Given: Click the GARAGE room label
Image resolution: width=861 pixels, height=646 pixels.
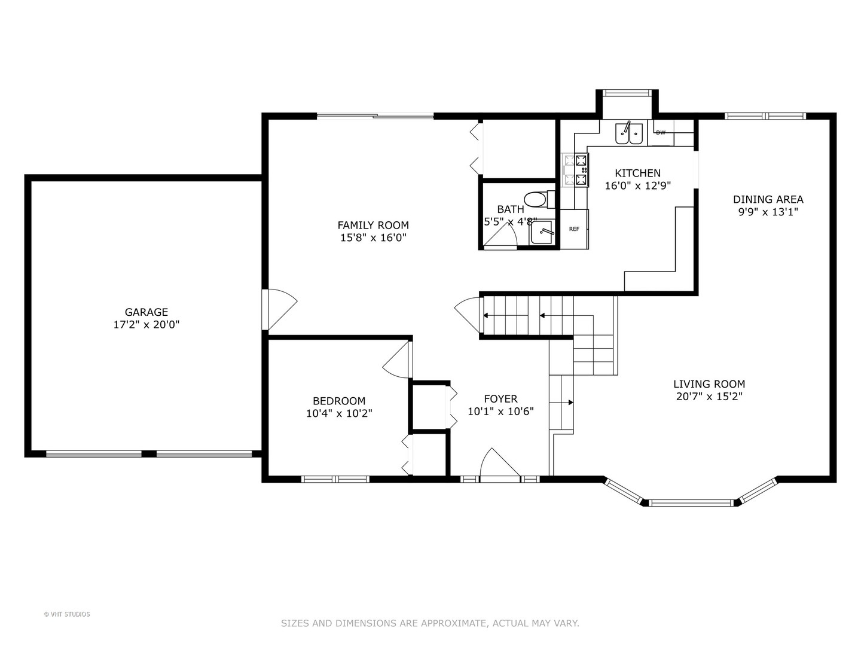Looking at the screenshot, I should coord(146,312).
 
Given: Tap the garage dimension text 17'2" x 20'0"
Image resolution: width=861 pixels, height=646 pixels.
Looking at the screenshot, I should coord(146,325).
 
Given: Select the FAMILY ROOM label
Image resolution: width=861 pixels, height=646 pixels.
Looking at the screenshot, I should coord(373,225).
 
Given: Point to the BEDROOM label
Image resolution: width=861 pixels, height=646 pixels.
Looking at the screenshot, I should coord(339,401).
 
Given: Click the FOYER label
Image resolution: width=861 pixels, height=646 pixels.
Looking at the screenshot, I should coord(500,398).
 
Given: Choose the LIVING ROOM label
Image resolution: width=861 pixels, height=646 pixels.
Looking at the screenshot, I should coord(709,384).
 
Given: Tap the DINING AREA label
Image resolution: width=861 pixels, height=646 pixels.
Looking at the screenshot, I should coord(768,199).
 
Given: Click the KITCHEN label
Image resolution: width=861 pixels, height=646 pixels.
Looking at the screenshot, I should coord(637,173).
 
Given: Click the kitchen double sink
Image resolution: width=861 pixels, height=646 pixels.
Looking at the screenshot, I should coord(629,133).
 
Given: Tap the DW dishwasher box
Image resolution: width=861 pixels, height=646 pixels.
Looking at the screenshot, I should coord(661,133).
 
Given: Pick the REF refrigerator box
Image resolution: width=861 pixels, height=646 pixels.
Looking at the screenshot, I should coord(574,229).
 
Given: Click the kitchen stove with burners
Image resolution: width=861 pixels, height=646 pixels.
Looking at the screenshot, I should coord(575,169).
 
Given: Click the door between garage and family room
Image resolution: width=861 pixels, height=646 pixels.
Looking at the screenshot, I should coord(278,309).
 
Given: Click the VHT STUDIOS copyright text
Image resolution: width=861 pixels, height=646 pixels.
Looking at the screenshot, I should coord(67,614).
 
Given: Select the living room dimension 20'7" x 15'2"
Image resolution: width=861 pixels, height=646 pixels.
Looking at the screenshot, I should coord(709,397).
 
